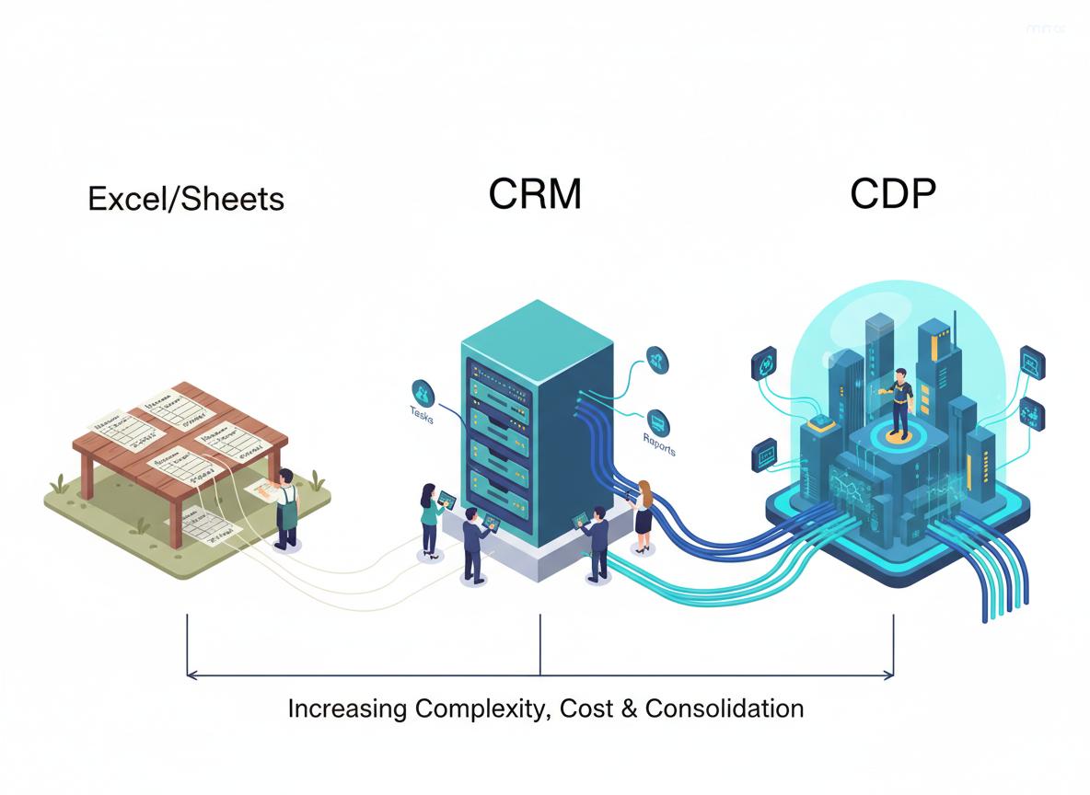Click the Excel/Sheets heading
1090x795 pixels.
point(186,199)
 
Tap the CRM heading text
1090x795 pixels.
point(535,194)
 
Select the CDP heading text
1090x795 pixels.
point(892,194)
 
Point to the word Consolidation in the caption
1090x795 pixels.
point(724,709)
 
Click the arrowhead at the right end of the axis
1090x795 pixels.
point(889,674)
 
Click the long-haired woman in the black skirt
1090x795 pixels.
point(643,515)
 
